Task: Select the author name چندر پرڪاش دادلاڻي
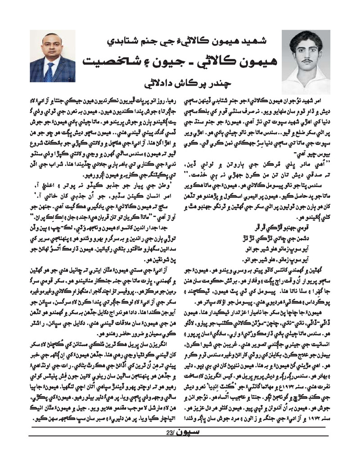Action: [180, 84]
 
